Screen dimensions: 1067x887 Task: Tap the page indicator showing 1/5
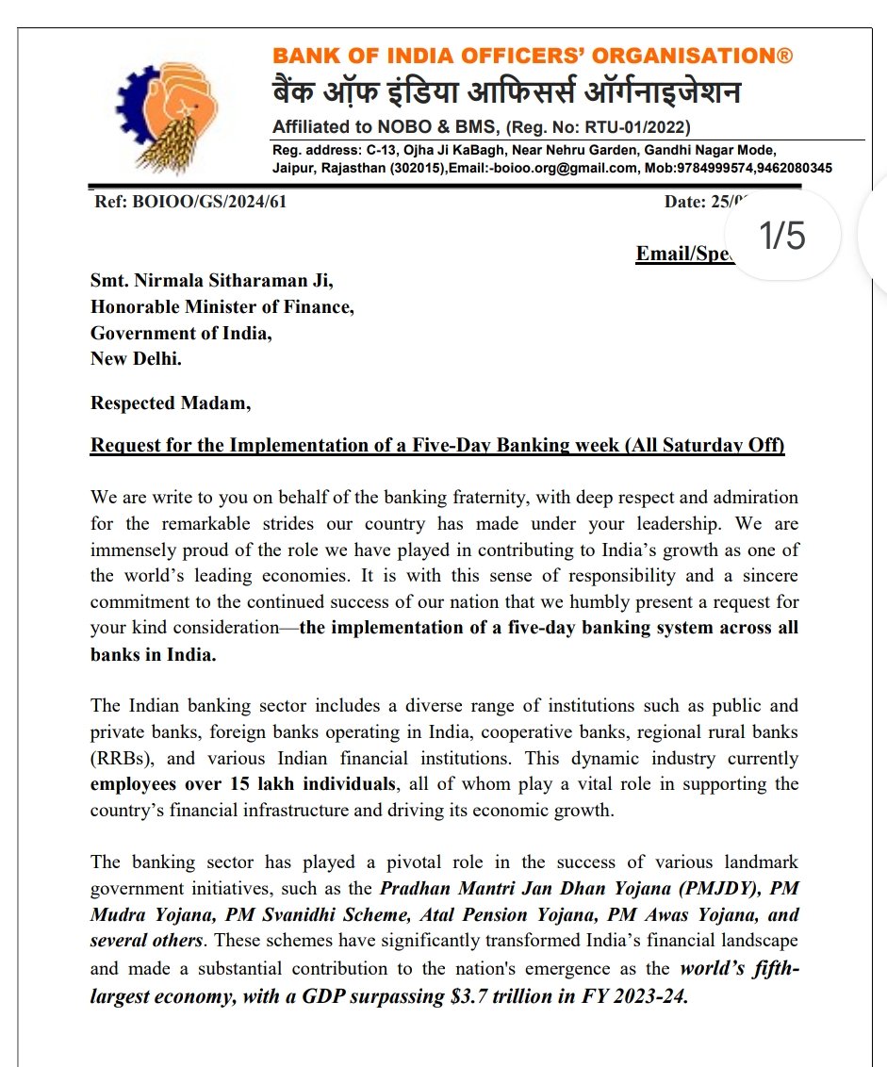click(x=782, y=236)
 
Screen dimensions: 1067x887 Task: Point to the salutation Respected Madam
click(x=171, y=402)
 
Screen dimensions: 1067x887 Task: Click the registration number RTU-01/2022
click(x=637, y=127)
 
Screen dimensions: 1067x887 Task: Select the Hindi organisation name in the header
click(x=506, y=93)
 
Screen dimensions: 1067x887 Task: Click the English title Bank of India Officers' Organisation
click(x=533, y=57)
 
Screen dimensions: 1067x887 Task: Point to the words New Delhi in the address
click(x=136, y=358)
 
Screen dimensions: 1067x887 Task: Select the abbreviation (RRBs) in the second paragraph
click(x=119, y=759)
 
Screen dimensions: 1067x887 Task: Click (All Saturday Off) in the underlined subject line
click(x=704, y=445)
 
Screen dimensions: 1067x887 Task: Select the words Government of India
click(x=181, y=333)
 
